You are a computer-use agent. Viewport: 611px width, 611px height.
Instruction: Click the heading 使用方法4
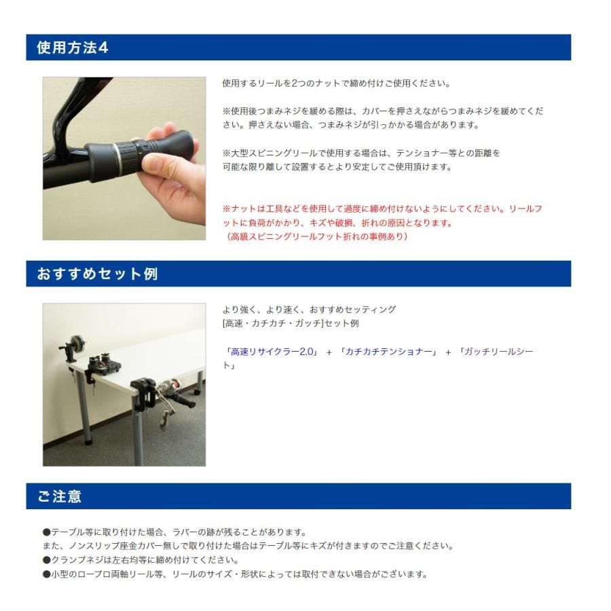point(73,48)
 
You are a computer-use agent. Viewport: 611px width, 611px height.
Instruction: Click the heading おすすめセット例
point(97,274)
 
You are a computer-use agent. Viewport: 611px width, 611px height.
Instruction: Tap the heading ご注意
point(59,496)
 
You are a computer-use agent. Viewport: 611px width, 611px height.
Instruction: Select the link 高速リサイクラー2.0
point(272,352)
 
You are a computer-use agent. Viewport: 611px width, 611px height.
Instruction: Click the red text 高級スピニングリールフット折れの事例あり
point(318,236)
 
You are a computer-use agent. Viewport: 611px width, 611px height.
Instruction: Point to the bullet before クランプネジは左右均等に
point(47,560)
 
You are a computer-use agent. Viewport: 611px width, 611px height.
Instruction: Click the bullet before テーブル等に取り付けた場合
point(47,532)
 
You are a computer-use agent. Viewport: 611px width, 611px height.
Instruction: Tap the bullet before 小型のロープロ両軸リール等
point(47,574)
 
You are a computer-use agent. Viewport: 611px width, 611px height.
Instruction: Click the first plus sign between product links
point(329,352)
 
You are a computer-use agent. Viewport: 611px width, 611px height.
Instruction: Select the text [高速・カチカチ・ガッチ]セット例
point(291,323)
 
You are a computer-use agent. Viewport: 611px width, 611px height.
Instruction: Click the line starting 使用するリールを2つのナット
point(337,84)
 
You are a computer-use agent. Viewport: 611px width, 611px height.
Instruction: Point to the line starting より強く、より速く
point(310,310)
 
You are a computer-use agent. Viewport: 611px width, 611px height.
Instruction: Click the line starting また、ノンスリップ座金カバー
point(248,547)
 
